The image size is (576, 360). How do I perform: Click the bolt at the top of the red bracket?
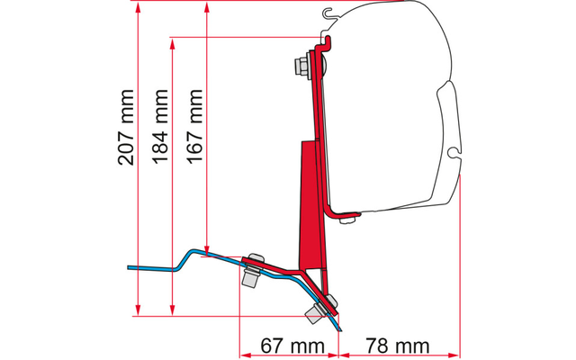coord(299,66)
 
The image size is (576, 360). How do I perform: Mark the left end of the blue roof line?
coord(128,267)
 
